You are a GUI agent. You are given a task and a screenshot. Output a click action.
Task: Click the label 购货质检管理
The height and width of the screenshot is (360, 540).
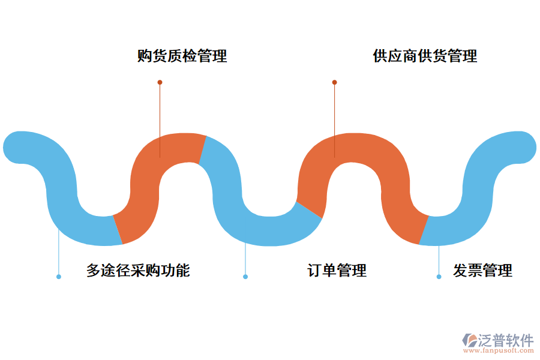click(x=182, y=56)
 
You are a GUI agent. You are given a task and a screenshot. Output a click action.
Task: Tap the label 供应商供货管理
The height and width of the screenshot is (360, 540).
click(x=425, y=56)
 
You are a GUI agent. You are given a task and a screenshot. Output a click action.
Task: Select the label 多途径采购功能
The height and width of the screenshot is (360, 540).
click(x=138, y=271)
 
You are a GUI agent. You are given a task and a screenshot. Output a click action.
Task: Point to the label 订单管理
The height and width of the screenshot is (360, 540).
click(x=337, y=271)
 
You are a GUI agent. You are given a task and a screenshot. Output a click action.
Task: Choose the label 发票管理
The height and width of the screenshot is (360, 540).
click(x=482, y=271)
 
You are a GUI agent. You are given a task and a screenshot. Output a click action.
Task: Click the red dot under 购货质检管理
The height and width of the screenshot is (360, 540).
click(x=160, y=82)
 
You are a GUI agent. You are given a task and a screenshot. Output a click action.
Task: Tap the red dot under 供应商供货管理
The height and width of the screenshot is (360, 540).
click(x=335, y=82)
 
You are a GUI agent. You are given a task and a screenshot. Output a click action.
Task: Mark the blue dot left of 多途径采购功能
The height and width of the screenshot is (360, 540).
click(x=58, y=277)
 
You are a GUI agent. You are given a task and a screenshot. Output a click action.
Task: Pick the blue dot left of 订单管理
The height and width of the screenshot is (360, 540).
click(x=245, y=277)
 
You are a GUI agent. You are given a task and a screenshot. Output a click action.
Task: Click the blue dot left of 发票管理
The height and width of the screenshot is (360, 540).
click(x=439, y=277)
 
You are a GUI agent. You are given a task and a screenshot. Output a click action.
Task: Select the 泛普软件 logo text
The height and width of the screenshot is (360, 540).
click(x=505, y=340)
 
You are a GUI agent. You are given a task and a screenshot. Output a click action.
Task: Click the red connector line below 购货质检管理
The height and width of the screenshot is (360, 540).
click(x=160, y=120)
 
